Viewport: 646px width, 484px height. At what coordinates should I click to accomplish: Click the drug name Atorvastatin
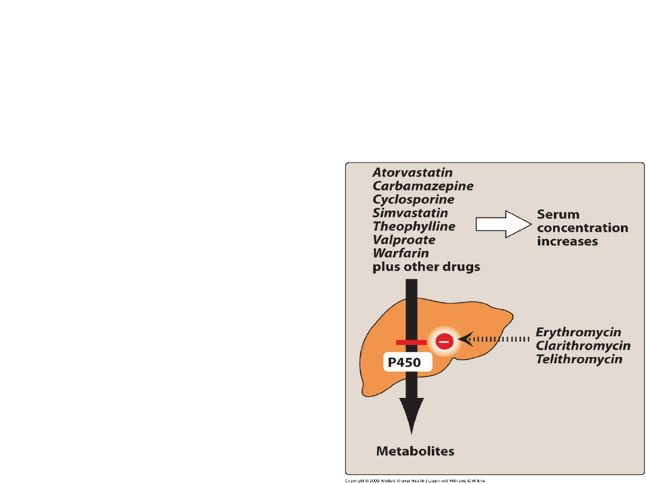[413, 172]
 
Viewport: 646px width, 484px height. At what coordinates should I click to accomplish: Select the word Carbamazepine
[423, 186]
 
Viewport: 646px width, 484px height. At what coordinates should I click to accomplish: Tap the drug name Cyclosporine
[413, 200]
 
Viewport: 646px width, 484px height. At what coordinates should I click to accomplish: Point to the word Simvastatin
[410, 213]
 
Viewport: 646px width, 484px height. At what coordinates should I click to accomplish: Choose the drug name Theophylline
[414, 226]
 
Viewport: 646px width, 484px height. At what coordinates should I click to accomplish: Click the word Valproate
[404, 240]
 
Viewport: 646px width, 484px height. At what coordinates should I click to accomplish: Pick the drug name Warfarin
[401, 253]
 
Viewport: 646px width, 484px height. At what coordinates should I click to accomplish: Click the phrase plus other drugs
[426, 267]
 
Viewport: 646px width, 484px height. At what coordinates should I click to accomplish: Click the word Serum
[558, 214]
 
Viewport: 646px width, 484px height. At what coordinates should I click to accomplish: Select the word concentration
[583, 228]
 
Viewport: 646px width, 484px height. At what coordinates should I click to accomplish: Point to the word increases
[568, 241]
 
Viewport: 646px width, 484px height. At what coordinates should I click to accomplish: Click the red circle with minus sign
[444, 341]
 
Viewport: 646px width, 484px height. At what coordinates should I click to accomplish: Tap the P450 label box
[407, 362]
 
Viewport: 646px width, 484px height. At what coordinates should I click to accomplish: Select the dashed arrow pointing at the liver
[493, 340]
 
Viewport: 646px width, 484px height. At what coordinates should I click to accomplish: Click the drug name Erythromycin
[578, 332]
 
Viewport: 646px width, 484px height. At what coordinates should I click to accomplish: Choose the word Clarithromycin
[583, 346]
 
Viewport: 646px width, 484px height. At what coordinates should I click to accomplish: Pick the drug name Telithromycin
[579, 359]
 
